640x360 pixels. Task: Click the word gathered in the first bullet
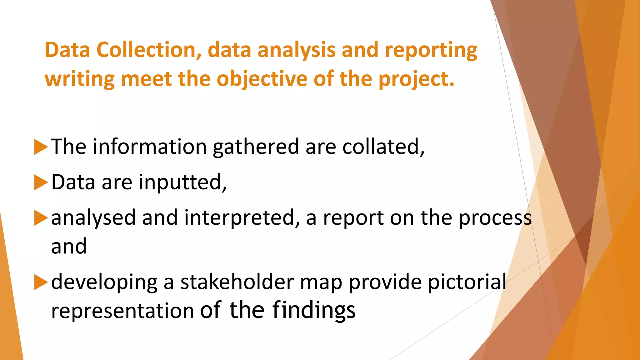point(256,147)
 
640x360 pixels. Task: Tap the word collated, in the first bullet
point(383,147)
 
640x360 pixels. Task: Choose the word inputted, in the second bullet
point(182,182)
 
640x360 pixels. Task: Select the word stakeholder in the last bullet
point(237,282)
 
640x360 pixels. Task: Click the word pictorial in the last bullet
point(467,282)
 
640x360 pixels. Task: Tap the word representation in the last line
point(122,311)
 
